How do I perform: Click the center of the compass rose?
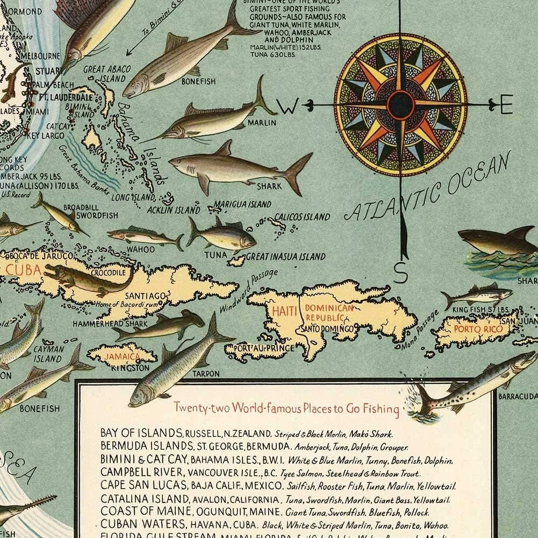pyautogui.click(x=400, y=104)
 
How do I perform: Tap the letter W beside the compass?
pyautogui.click(x=289, y=107)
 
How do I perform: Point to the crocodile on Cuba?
pyautogui.click(x=89, y=279)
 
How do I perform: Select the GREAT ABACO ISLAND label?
pyautogui.click(x=105, y=74)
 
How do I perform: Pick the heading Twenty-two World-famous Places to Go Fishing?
pyautogui.click(x=286, y=408)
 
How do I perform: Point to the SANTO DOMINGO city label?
pyautogui.click(x=327, y=328)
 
